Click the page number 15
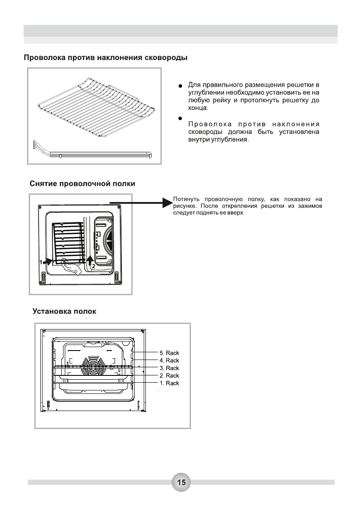[181, 482]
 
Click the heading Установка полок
[64, 311]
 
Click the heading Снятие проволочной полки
[82, 184]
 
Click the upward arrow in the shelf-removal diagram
[90, 260]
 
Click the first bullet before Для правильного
[181, 86]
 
